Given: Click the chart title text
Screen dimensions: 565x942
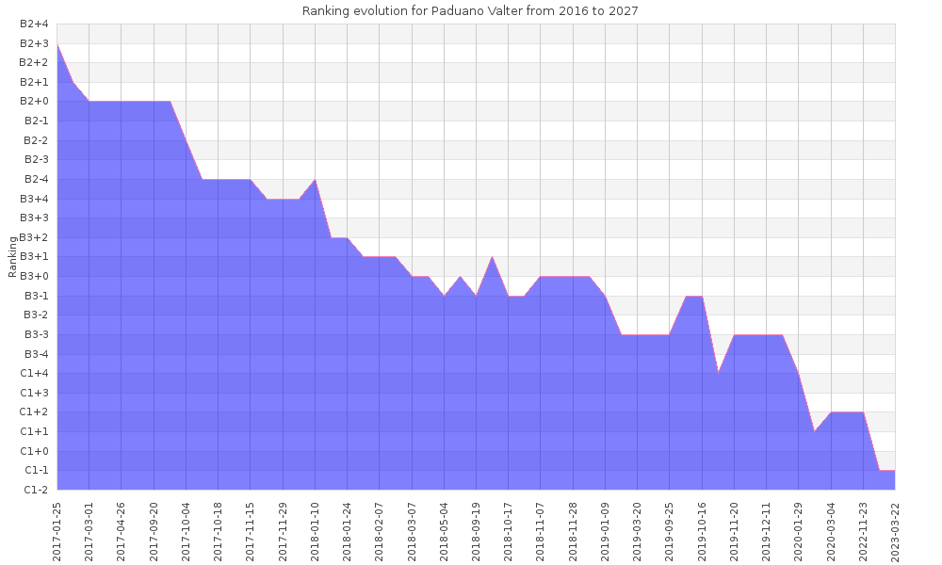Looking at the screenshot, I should [470, 11].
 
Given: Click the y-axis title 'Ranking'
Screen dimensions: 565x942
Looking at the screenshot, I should [12, 257].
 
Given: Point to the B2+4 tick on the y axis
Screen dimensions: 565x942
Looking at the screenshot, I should [34, 24].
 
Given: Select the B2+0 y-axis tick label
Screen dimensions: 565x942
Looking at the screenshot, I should [34, 102].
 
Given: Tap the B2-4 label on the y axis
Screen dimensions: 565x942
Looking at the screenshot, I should [34, 179].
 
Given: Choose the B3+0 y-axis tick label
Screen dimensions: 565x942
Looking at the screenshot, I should [34, 276].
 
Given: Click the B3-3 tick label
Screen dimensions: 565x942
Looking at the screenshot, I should [36, 334].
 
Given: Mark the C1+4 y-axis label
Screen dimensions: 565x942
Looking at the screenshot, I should [34, 373].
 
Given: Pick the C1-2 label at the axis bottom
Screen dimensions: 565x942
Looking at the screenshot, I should [36, 490].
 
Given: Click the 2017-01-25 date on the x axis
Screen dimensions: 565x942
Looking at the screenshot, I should [57, 529].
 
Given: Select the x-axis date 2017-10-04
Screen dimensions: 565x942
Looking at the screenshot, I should [187, 529].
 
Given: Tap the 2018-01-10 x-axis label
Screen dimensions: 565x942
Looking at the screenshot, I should [316, 529].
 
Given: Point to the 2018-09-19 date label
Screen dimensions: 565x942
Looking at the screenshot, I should [477, 529].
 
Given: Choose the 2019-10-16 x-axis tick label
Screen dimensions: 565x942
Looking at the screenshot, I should [702, 529].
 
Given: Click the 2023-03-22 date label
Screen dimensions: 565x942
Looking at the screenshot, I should [895, 529].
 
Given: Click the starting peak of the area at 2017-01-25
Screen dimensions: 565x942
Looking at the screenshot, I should [57, 43].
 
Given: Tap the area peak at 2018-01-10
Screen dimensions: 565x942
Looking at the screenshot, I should [315, 179].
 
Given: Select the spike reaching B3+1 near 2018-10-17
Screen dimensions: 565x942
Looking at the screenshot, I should [492, 257].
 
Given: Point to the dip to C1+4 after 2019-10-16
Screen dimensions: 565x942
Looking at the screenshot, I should [718, 373].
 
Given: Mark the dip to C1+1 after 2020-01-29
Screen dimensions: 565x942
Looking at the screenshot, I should [815, 431].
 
